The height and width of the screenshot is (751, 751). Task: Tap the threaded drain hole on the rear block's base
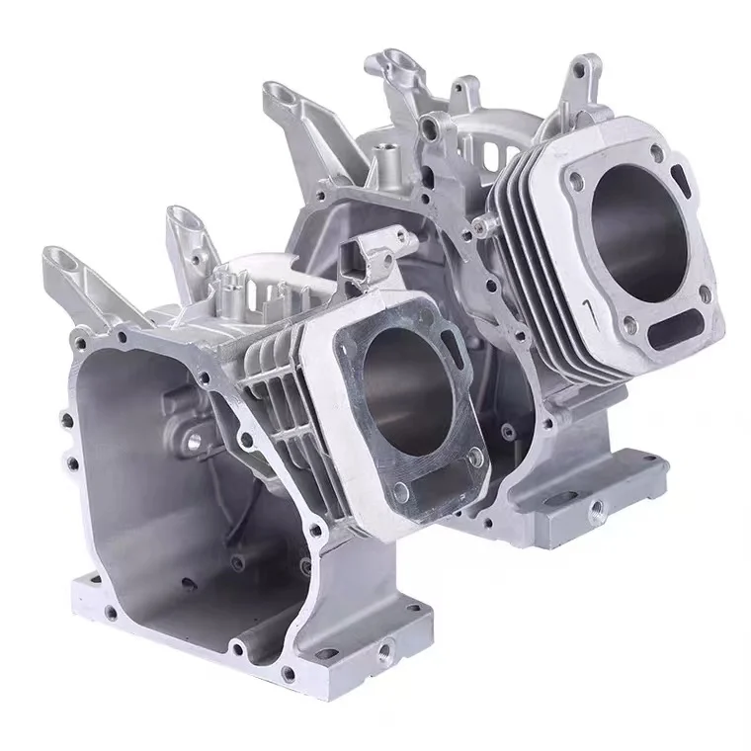[597, 508]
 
